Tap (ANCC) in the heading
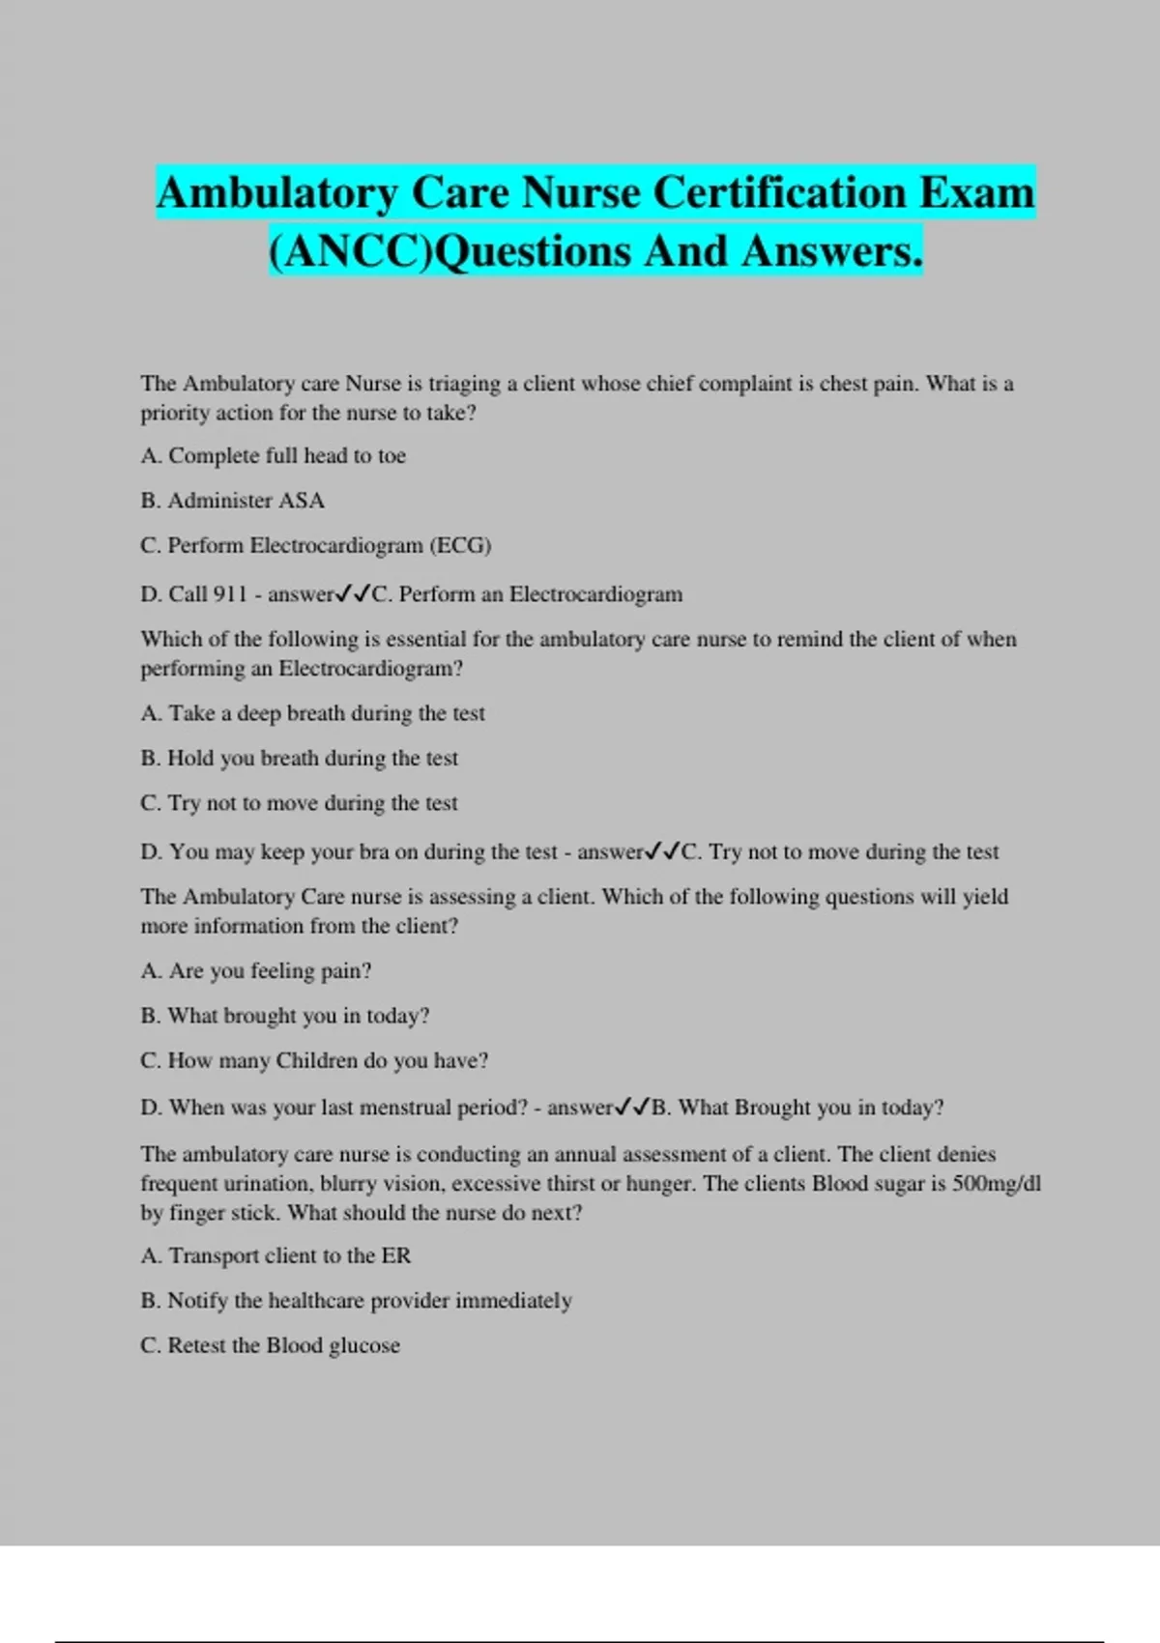coord(352,251)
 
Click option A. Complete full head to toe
coord(274,456)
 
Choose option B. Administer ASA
coord(233,501)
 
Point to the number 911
coord(230,594)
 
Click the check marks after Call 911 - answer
coord(353,594)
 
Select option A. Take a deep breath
coord(313,713)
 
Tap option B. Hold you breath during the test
coord(300,759)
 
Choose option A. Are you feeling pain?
coord(256,971)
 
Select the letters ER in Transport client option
coord(396,1255)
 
